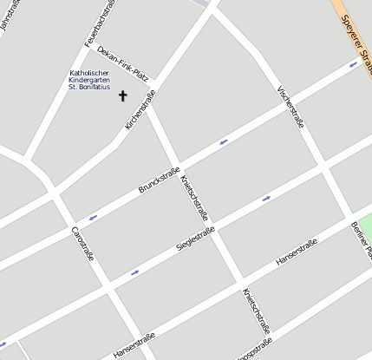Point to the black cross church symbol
(x=122, y=95)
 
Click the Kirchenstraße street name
(x=140, y=110)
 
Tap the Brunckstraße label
(x=159, y=180)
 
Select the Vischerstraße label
(x=290, y=107)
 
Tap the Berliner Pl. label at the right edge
(x=362, y=239)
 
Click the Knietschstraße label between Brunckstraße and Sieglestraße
(x=194, y=197)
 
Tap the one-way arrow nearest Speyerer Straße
(x=353, y=64)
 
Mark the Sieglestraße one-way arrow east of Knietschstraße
(x=266, y=198)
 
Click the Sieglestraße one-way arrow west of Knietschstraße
(x=134, y=273)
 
